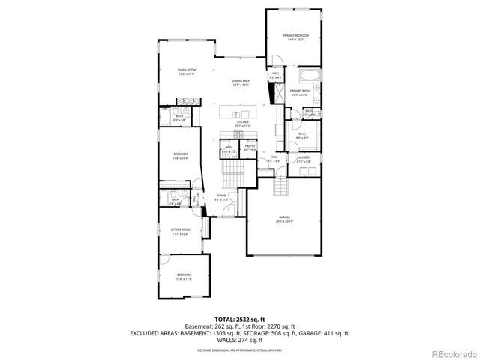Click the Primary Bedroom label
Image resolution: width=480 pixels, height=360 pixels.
click(295, 37)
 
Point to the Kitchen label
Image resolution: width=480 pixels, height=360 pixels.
click(242, 124)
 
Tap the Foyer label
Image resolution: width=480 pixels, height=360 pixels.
click(222, 198)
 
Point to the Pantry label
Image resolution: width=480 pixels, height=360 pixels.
click(250, 148)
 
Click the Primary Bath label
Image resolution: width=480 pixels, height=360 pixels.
click(300, 92)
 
